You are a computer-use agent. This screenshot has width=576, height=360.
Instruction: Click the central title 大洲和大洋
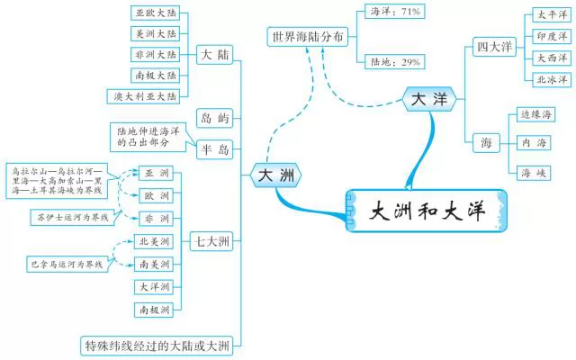(x=427, y=213)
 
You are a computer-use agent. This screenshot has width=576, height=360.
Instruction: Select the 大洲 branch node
(x=277, y=175)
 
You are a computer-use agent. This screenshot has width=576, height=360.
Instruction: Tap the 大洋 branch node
(x=428, y=101)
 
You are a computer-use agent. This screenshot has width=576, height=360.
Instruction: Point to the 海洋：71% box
(x=396, y=13)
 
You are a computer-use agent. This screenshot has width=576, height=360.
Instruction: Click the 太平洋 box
(x=551, y=15)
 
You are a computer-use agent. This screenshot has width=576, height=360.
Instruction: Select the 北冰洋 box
(x=551, y=79)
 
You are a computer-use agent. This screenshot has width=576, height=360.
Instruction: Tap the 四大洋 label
(x=494, y=46)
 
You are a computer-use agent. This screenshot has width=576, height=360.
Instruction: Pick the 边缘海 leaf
(x=535, y=114)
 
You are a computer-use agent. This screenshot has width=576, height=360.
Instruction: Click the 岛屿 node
(x=214, y=118)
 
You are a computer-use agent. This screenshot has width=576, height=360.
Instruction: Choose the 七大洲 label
(x=211, y=241)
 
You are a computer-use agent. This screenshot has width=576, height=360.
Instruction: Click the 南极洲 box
(x=154, y=310)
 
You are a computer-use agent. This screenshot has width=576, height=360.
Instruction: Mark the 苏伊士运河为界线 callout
(x=71, y=217)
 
